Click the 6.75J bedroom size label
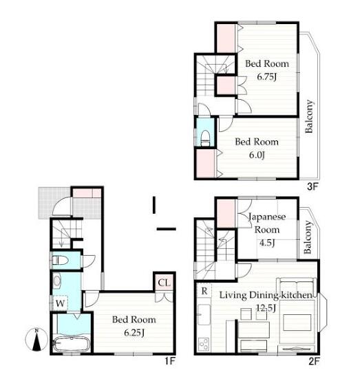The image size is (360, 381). coord(267,77)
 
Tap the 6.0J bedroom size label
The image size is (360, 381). coord(257,155)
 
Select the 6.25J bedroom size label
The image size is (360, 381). coord(134,332)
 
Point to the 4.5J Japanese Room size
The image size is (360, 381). coord(267,243)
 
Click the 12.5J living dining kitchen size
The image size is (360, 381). coord(266,308)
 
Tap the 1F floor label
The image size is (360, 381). coord(170,361)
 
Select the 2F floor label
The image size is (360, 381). coord(314,361)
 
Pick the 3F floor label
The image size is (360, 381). coord(313,186)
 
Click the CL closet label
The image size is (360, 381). coord(165,283)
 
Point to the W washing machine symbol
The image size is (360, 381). coord(60,303)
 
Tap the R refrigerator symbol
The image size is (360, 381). coord(204,291)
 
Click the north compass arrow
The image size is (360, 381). coord(36,340)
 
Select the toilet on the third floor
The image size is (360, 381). coord(205,138)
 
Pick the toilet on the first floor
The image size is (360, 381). coord(60,261)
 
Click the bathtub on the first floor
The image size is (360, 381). coord(72,344)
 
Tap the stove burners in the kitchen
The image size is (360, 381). coord(204,344)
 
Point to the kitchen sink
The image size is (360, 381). coord(204,314)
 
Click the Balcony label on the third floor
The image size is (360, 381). coord(309,116)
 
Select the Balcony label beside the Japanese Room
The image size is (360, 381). coord(308,237)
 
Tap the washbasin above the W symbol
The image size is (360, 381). coord(57,281)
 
